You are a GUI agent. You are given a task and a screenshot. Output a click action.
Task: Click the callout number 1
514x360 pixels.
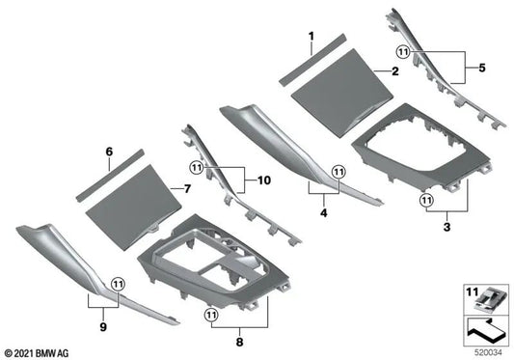tap(311, 38)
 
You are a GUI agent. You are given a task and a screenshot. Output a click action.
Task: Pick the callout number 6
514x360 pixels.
tap(109, 152)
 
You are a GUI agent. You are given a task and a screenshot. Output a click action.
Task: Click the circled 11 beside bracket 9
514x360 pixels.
tap(118, 284)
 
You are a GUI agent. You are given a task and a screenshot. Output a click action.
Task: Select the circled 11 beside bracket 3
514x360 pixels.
tap(425, 200)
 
